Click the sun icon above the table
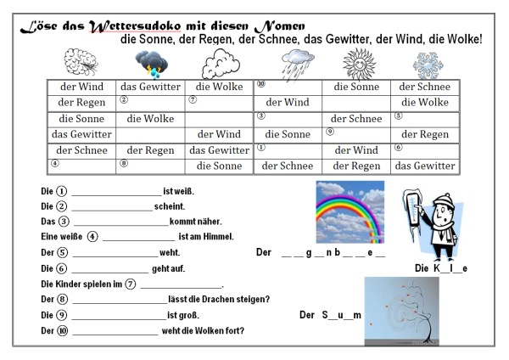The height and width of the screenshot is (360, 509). tap(357, 63)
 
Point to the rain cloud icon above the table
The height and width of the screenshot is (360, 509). tap(293, 63)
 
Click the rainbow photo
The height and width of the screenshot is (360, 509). tap(350, 211)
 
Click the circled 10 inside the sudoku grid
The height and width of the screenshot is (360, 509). tap(261, 83)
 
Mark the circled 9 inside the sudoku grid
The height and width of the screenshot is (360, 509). tap(330, 131)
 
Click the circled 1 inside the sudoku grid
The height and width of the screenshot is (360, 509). tap(261, 146)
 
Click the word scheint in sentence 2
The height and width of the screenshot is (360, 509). tap(170, 206)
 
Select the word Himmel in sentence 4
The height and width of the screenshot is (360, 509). tap(218, 237)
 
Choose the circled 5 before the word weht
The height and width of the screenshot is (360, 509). tap(62, 252)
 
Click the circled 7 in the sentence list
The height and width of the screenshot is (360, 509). tap(131, 284)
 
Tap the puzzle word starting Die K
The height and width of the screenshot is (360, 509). tap(441, 268)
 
